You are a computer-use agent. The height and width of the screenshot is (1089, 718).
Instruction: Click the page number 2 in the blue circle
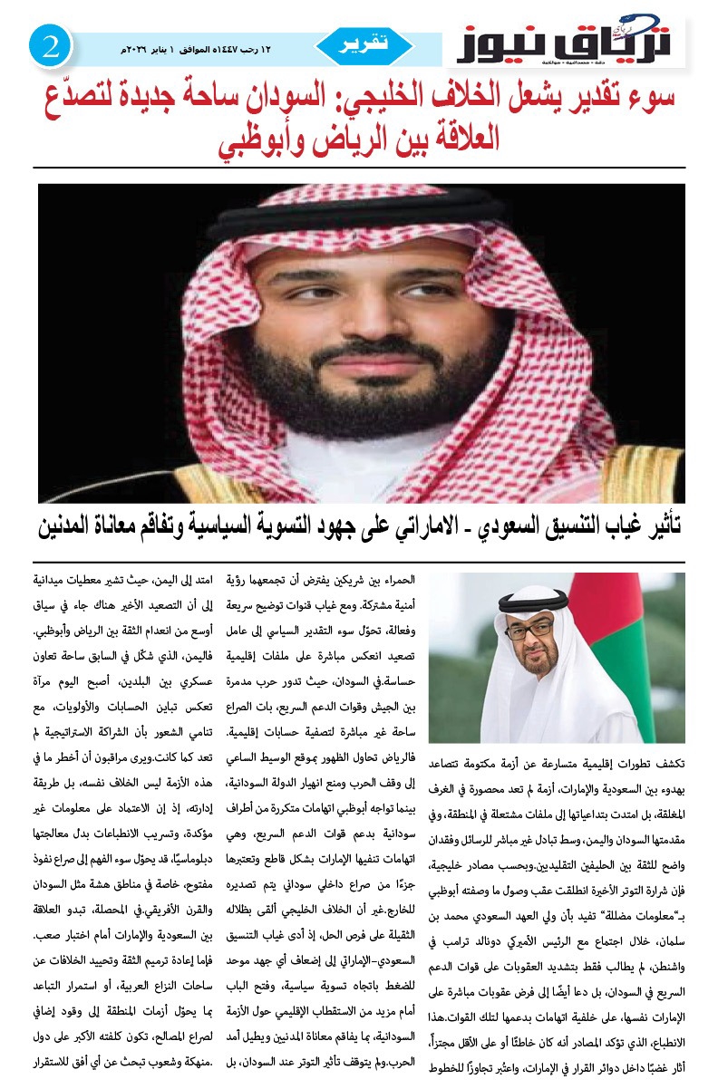50,46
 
